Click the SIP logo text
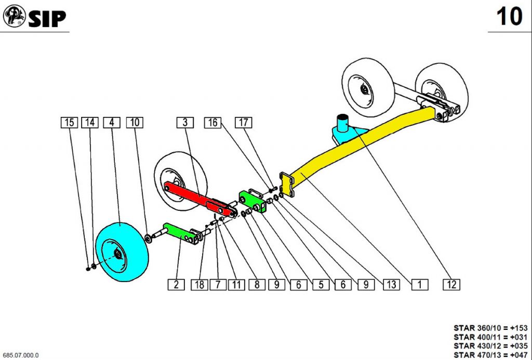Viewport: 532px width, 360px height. (x=47, y=19)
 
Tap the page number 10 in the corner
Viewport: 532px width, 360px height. (x=509, y=17)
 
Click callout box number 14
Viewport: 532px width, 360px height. (x=90, y=123)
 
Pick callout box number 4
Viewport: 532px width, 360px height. (x=111, y=123)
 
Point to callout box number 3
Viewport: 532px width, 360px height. (x=184, y=123)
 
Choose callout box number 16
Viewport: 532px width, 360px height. (x=212, y=123)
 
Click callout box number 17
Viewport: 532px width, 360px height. (x=244, y=123)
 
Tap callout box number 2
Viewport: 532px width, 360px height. (x=176, y=284)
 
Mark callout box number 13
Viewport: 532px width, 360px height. (x=391, y=284)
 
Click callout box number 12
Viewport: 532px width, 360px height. (x=451, y=284)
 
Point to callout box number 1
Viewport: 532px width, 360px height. (x=419, y=284)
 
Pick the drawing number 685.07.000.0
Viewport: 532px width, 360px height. (x=21, y=355)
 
